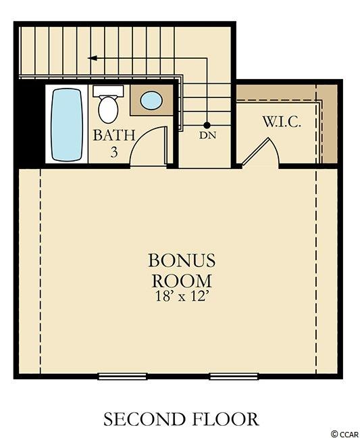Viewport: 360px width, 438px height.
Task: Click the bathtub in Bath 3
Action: (x=67, y=124)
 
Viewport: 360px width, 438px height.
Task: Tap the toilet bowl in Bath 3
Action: (x=108, y=109)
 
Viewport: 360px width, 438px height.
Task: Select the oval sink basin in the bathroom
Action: (x=151, y=101)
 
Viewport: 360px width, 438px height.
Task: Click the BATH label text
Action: (x=114, y=135)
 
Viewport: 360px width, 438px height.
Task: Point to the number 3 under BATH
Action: (x=114, y=152)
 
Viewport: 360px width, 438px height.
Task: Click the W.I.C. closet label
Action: (x=282, y=122)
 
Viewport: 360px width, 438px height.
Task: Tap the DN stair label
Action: (x=208, y=135)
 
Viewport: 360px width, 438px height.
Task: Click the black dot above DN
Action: (x=207, y=125)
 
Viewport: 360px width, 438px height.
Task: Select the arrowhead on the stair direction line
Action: (x=92, y=58)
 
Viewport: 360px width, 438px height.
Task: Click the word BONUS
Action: (x=182, y=260)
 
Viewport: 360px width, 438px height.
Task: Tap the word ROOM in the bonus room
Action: (x=182, y=281)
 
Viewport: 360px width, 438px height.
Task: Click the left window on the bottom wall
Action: (x=122, y=376)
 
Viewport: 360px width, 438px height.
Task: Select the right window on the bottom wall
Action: (x=234, y=376)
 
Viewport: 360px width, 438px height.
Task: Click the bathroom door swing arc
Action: (x=142, y=137)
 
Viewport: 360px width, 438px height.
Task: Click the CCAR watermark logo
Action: (x=345, y=434)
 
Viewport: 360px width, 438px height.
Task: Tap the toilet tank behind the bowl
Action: (x=108, y=91)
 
